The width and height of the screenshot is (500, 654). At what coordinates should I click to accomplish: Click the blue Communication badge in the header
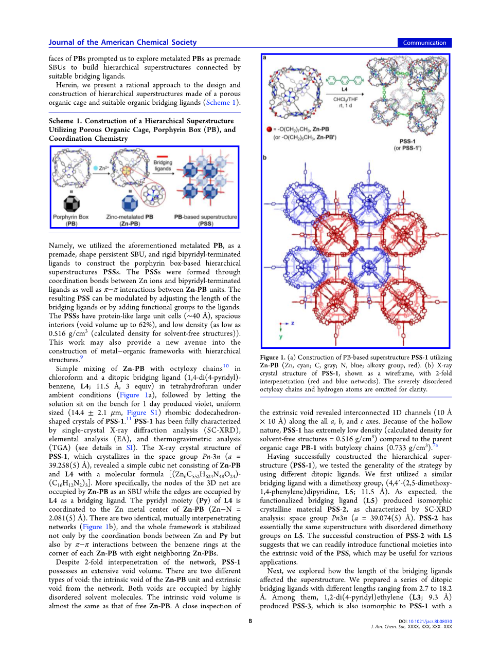pos(424,43)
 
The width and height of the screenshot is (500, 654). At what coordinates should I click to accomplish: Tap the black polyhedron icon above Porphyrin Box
pos(71,203)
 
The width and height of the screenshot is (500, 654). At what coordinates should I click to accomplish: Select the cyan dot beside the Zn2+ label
pos(95,168)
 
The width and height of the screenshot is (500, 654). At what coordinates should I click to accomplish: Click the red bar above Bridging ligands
pos(163,156)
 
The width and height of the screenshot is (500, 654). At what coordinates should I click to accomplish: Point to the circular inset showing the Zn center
pos(153,195)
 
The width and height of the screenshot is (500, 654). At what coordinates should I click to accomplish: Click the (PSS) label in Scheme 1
pos(206,223)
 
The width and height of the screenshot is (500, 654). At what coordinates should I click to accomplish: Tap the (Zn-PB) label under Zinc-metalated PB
pos(130,223)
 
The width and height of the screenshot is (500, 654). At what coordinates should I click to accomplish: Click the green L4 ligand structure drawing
pos(345,80)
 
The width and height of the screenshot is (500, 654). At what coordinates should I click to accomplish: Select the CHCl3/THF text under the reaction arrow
pos(345,99)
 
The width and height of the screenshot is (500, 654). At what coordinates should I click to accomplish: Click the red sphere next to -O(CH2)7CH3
pos(269,129)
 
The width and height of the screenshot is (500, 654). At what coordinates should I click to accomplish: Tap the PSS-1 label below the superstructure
pos(407,141)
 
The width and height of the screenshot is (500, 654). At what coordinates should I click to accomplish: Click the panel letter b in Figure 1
pos(265,158)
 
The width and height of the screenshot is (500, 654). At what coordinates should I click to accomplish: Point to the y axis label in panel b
pos(281,337)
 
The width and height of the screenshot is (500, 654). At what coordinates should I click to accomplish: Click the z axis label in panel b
pos(292,324)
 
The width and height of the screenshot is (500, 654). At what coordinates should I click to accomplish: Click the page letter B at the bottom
pos(251,621)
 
